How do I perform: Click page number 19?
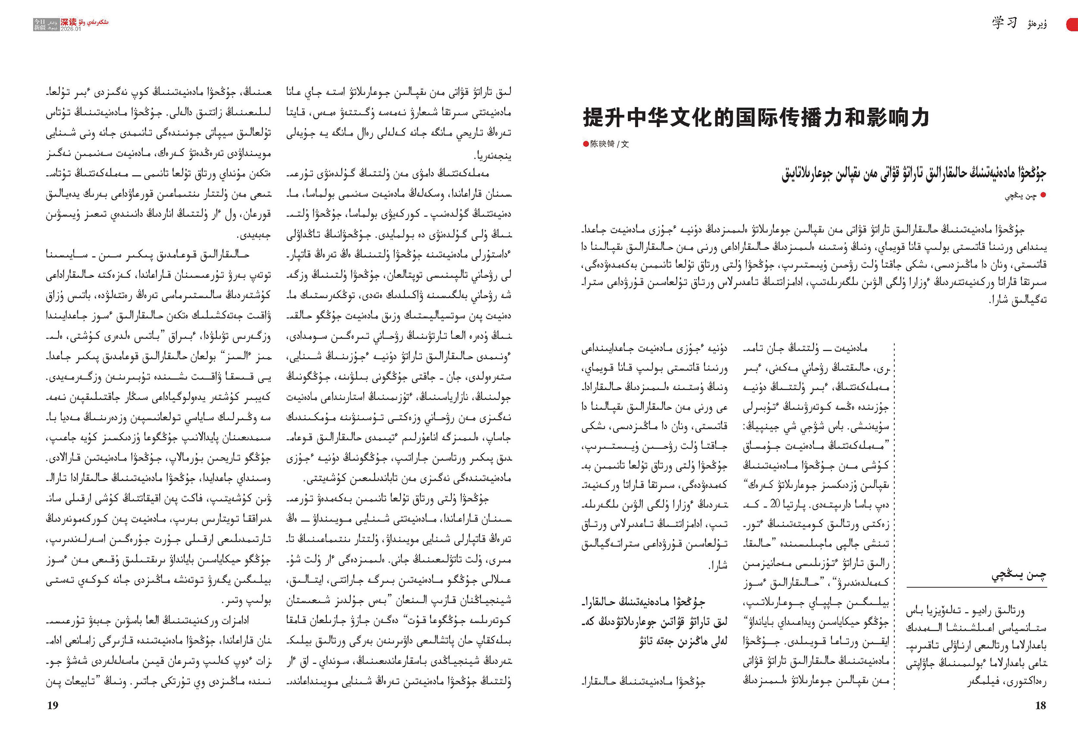coord(53,706)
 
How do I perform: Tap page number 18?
coord(1040,706)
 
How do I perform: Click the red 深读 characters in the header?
coord(68,22)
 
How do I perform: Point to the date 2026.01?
coord(71,29)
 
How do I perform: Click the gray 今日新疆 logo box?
coord(39,25)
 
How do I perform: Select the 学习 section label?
coord(1004,23)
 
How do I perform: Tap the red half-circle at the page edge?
coord(1072,25)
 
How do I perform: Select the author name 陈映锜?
coord(602,144)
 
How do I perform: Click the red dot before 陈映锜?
coord(586,144)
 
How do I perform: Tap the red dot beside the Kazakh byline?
coord(1043,195)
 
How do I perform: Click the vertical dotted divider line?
coord(894,510)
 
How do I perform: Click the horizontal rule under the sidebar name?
coord(976,588)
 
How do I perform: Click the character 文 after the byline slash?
coord(625,144)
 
